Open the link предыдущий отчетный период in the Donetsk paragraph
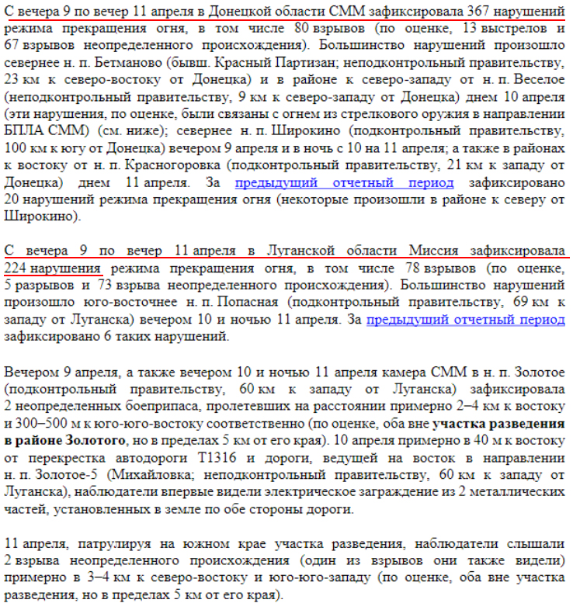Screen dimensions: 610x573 [345, 182]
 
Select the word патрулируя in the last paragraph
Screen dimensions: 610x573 [104, 543]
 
